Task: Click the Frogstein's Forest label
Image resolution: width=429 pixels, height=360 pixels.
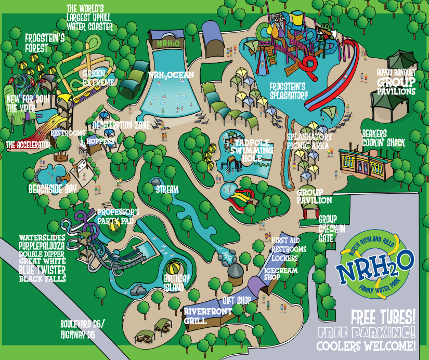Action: (44, 43)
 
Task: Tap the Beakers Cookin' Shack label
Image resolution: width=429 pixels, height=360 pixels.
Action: (383, 138)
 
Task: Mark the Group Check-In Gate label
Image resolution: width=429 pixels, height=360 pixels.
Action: (329, 228)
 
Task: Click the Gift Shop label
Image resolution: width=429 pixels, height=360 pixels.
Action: (237, 300)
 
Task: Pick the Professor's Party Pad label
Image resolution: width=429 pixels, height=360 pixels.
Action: (119, 216)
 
